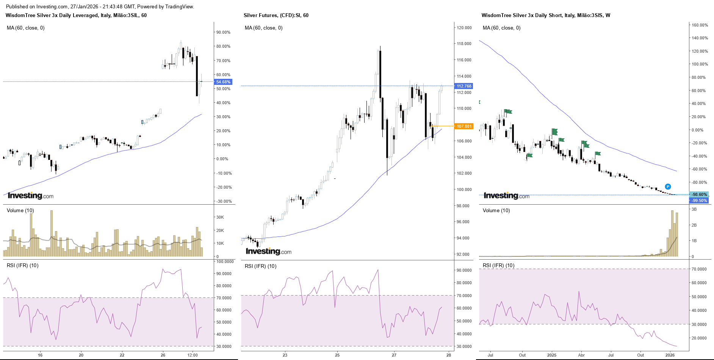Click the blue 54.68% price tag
point(223,82)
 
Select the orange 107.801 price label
point(464,126)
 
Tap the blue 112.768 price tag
point(464,86)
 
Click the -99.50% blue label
point(699,200)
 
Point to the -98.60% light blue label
point(699,194)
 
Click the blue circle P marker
point(668,186)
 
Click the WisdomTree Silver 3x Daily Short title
point(546,16)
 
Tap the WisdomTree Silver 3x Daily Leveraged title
point(76,16)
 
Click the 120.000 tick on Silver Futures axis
point(464,28)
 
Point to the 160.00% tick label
point(700,25)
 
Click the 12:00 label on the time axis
point(193,355)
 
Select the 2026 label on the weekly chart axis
point(670,355)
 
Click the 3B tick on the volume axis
point(694,209)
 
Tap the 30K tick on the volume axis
point(220,217)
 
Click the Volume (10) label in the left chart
point(20,210)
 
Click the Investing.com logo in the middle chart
point(268,251)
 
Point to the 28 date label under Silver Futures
point(449,355)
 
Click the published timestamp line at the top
point(100,6)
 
